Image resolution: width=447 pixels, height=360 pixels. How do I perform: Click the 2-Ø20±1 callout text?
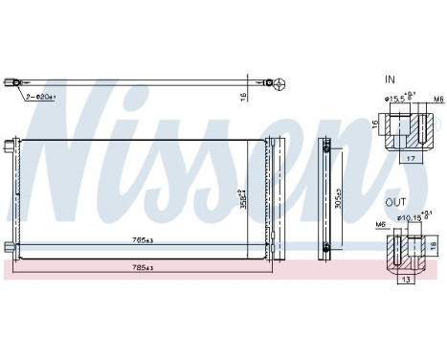coord(39,96)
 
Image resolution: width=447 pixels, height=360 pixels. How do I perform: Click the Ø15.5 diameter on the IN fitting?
coord(401,97)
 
